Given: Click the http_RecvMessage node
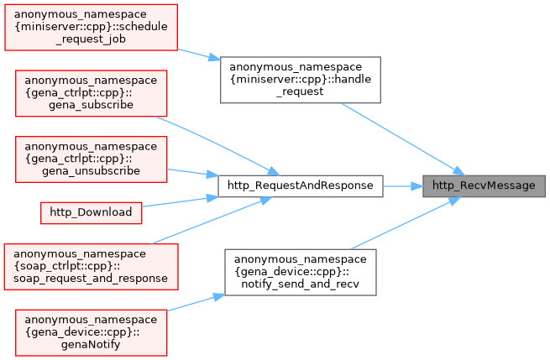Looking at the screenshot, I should pos(483,185).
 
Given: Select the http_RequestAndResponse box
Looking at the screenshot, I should pos(300,185).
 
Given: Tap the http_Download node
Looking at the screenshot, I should pos(91,212).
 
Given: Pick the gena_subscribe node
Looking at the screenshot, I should pos(91,93).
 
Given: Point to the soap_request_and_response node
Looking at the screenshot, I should pos(91,263).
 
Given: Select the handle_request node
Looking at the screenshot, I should pos(300,80).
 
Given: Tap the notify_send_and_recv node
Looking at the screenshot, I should pos(300,271).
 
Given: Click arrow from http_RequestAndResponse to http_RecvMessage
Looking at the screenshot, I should pos(402,185).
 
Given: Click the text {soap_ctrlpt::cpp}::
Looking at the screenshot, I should pos(91,263).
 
